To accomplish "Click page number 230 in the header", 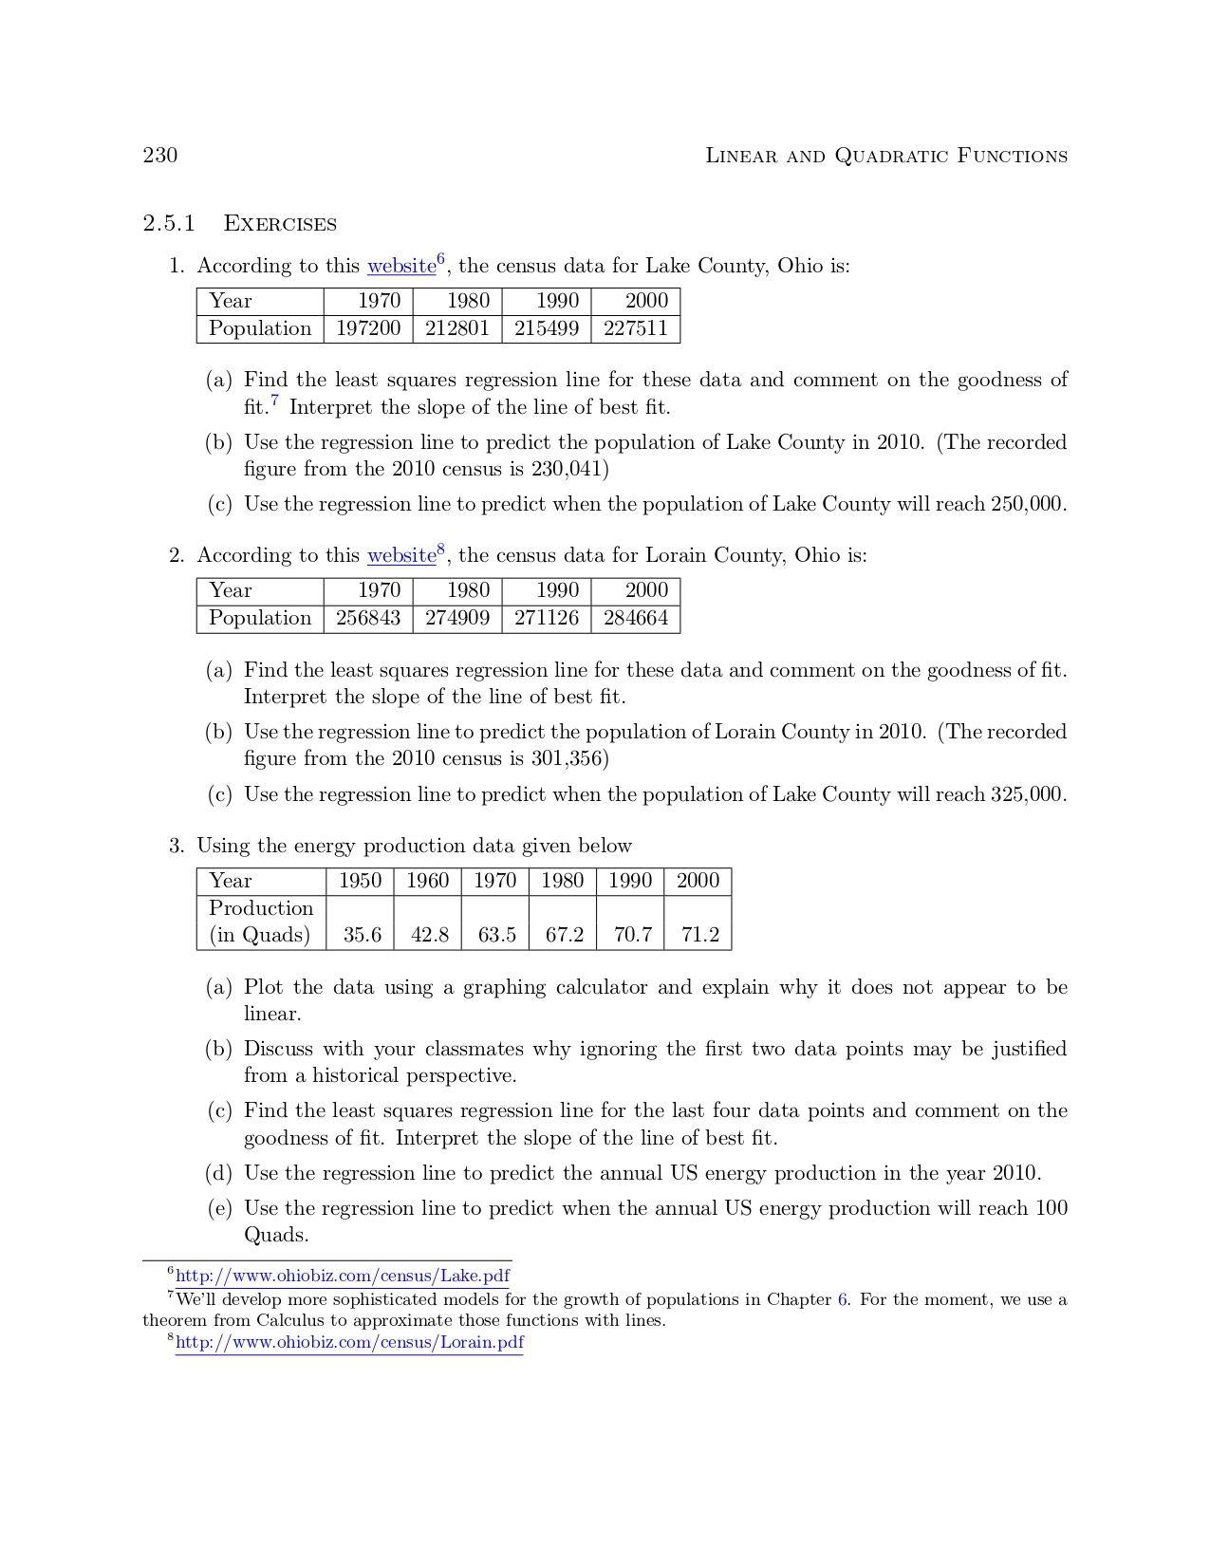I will click(159, 156).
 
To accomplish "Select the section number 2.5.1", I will click(168, 224).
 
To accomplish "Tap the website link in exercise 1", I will click(401, 267).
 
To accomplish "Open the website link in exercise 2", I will click(401, 556).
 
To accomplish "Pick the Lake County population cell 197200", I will click(368, 328).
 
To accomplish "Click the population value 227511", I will click(636, 328).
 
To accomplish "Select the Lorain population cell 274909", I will click(457, 618).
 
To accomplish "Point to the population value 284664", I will click(636, 618).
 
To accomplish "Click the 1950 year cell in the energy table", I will click(360, 881).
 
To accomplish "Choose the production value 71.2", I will click(700, 935).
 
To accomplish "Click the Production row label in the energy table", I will click(261, 908).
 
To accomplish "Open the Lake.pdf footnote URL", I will click(343, 1277).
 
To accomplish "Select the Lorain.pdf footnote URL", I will click(349, 1343).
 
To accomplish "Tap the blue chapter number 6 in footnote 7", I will click(843, 1299).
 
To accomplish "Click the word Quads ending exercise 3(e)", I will click(275, 1235).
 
